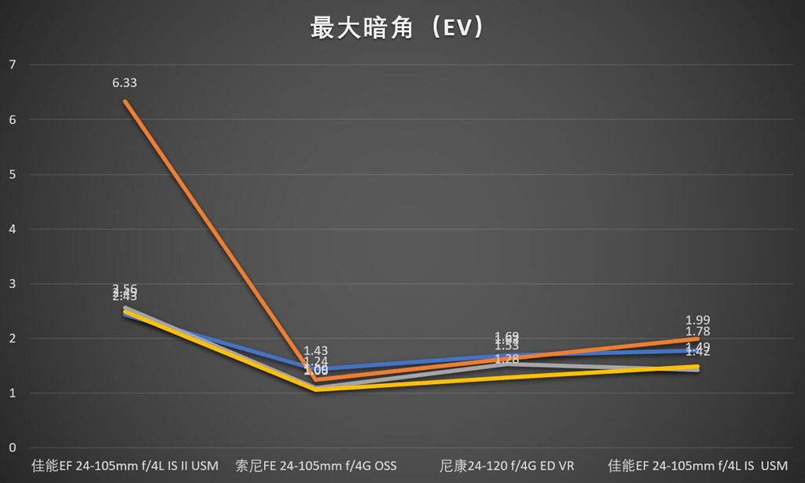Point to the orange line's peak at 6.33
[124, 101]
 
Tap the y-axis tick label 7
[11, 64]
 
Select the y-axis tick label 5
[11, 174]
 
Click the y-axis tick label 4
[11, 229]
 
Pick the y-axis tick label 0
[11, 448]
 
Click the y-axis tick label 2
[11, 338]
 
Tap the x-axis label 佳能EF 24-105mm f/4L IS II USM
[124, 466]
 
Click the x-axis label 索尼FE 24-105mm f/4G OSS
[316, 466]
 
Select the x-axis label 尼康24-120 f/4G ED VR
[506, 466]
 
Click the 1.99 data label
[698, 320]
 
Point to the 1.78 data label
[698, 331]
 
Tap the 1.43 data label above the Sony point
[316, 351]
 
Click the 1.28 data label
[507, 360]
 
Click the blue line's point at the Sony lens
[316, 369]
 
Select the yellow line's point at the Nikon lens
[507, 378]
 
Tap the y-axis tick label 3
[11, 284]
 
